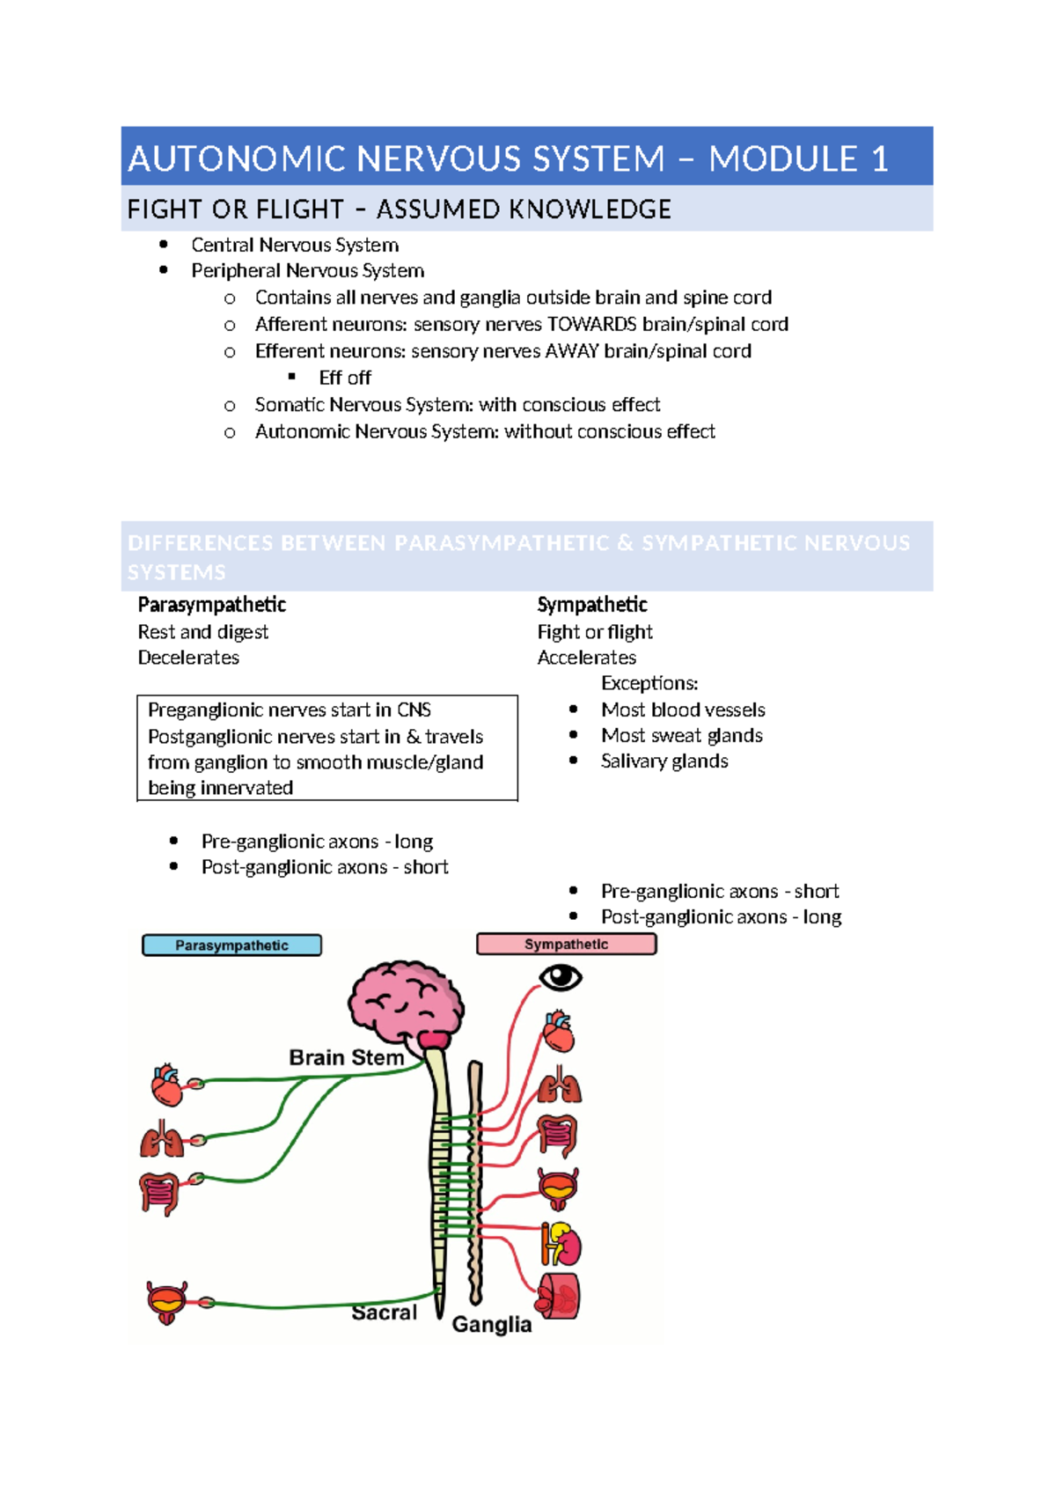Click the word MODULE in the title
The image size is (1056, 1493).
783,159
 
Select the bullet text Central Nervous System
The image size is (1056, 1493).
295,245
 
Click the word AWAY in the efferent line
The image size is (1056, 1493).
573,351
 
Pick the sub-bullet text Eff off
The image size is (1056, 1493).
345,378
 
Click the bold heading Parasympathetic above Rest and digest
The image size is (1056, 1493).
211,605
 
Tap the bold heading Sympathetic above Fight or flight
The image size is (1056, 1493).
591,605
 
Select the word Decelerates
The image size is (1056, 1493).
188,658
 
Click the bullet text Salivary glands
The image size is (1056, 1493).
664,761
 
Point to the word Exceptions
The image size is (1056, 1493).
649,683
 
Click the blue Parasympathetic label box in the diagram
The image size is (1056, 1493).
231,945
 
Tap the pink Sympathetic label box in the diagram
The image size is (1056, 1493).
566,944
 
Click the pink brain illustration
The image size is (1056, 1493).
405,1003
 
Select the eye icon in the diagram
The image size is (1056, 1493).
561,977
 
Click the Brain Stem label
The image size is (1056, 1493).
346,1057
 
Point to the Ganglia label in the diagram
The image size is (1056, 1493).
492,1324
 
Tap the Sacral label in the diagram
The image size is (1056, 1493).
384,1313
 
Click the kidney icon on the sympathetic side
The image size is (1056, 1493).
561,1244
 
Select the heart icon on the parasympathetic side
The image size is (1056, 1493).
166,1085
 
